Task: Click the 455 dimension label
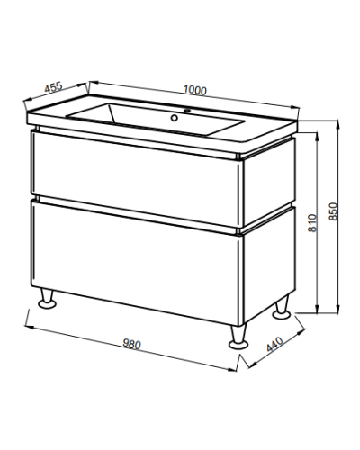click(53, 87)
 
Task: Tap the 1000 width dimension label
click(195, 90)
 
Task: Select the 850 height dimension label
click(333, 211)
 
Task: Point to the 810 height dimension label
click(312, 223)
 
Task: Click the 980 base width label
click(131, 344)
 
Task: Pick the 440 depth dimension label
click(274, 344)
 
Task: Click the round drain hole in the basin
click(174, 118)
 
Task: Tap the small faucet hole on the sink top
click(187, 111)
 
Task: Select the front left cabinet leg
click(48, 298)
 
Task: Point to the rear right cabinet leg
click(282, 307)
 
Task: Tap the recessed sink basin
click(155, 119)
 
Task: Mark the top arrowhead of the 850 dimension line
click(338, 122)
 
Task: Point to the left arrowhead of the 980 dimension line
click(28, 327)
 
